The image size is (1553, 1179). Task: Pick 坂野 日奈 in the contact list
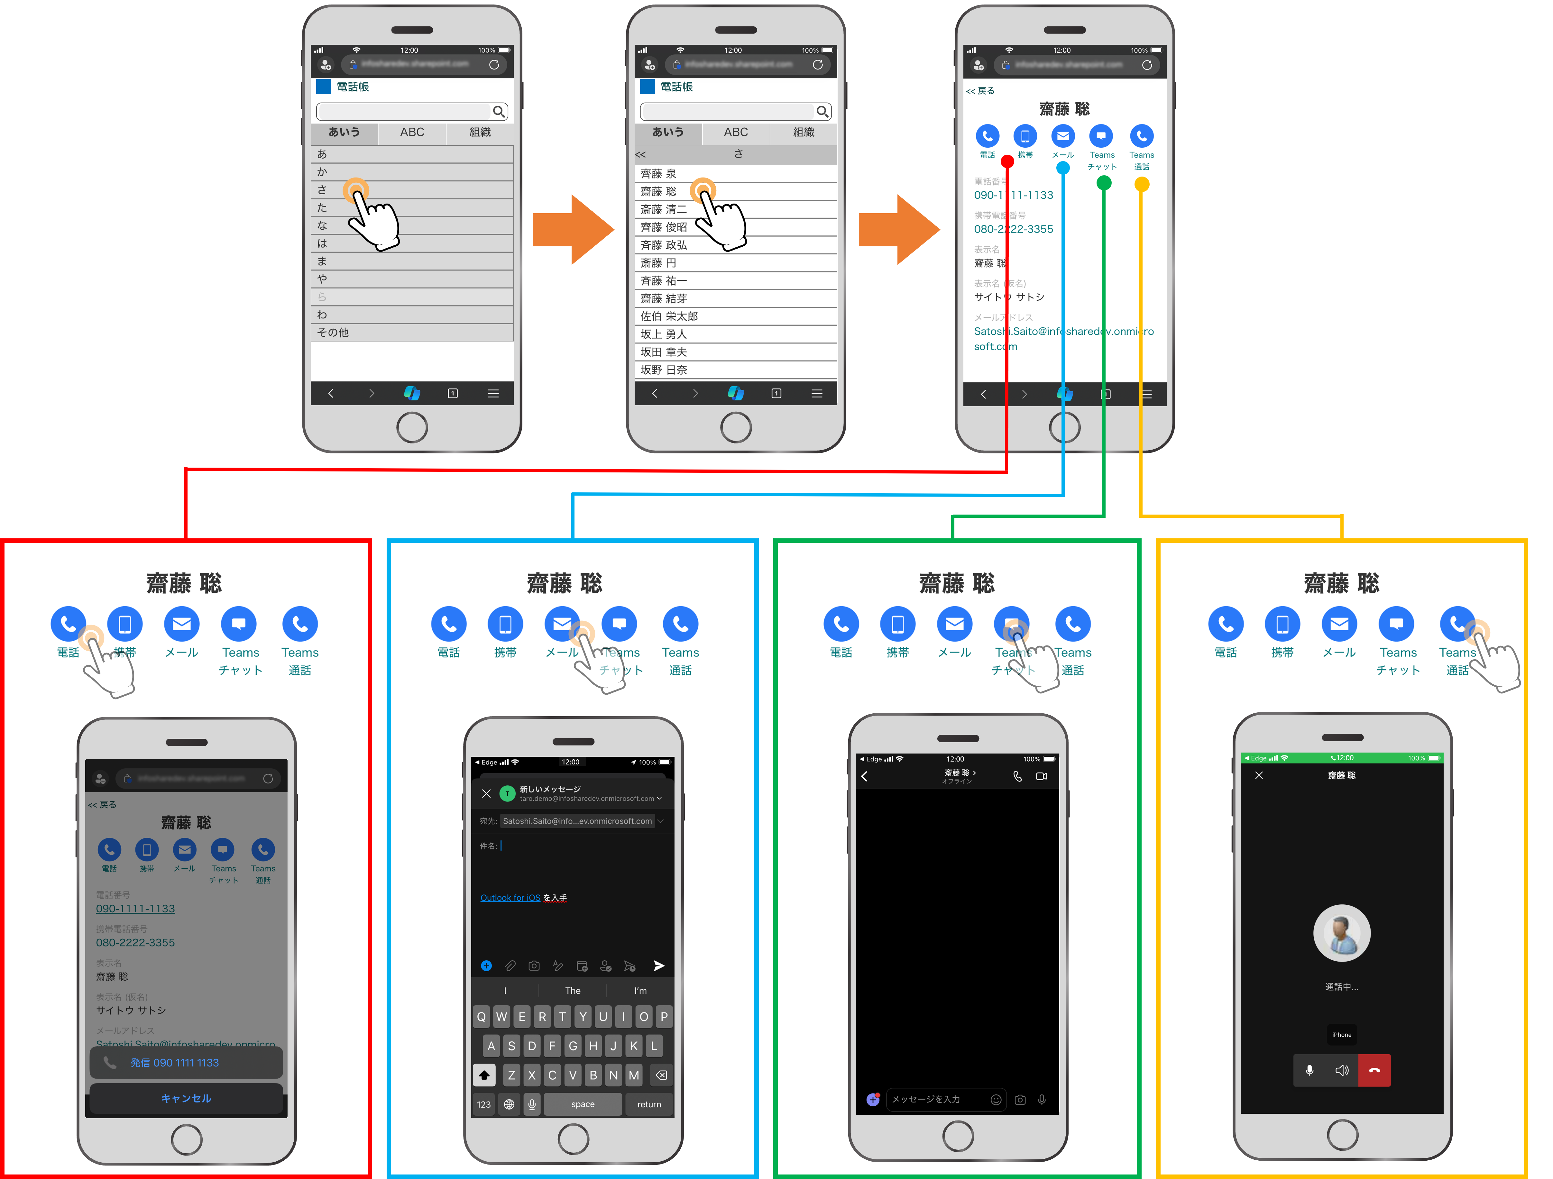click(735, 370)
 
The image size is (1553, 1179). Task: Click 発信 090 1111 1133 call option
click(186, 1063)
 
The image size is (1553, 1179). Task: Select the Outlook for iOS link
click(510, 898)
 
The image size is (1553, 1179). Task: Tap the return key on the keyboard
click(649, 1104)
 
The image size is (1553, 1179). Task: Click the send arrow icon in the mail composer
click(658, 966)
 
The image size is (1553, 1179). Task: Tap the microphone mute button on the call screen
click(1309, 1070)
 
